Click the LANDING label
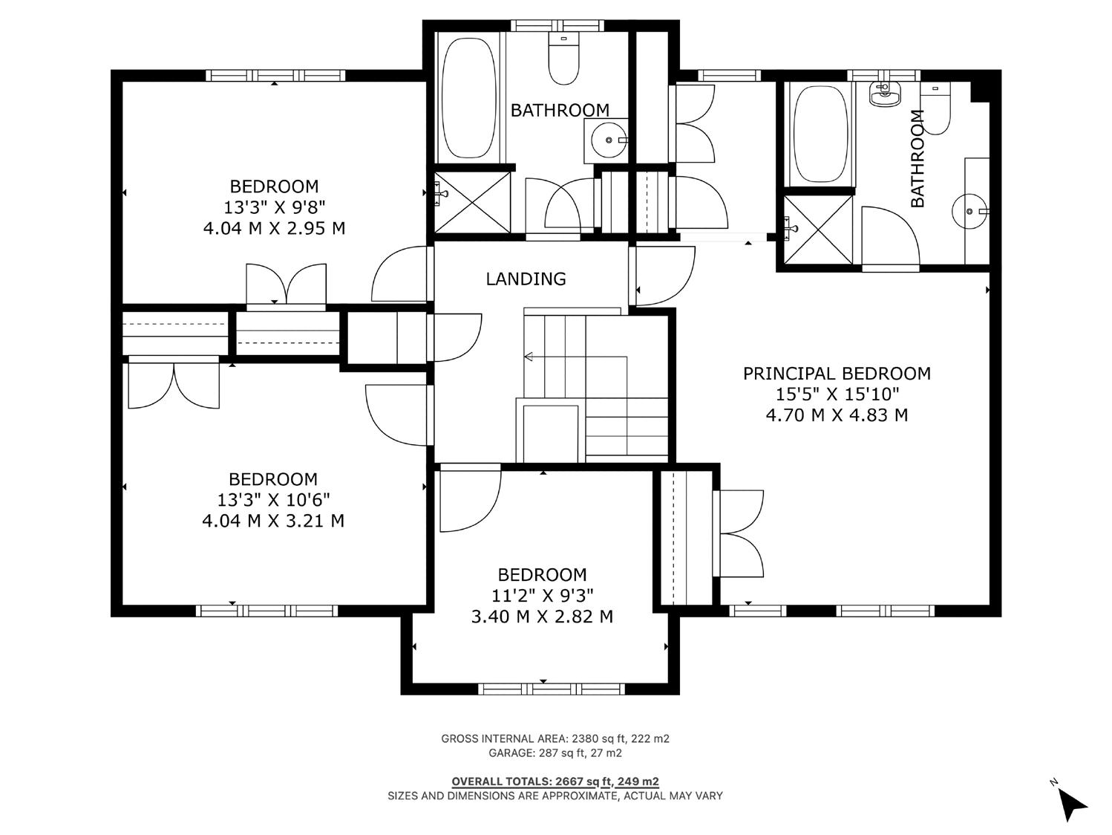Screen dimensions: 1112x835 coord(526,279)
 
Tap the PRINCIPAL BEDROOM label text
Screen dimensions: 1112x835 coord(837,374)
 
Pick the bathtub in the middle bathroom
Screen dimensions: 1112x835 coord(468,98)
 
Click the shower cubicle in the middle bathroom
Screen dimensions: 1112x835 coord(472,202)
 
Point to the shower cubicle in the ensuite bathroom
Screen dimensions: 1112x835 coord(817,229)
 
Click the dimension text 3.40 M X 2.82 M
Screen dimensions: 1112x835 coord(542,617)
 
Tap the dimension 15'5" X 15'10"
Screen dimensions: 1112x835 coord(837,394)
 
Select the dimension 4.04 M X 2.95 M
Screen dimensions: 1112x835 coord(274,228)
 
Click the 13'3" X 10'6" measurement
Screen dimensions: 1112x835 coord(274,500)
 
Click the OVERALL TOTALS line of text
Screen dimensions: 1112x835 coord(555,782)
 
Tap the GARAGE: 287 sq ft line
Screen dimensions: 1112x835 coord(555,753)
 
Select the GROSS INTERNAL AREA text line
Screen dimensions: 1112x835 coord(555,738)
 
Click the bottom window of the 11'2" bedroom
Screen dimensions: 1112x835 coord(552,689)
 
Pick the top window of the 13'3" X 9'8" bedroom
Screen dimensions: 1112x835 coord(275,76)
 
